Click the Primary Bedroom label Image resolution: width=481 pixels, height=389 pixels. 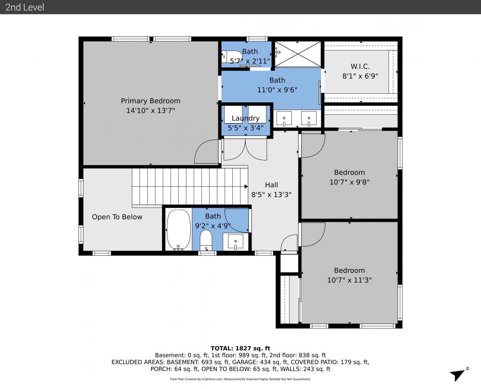point(151,101)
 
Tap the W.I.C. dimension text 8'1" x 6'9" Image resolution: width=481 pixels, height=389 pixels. point(360,76)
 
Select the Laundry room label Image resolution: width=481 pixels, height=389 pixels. point(245,118)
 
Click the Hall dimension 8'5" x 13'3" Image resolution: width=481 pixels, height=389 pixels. point(271,194)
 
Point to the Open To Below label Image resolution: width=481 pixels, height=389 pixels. point(117,217)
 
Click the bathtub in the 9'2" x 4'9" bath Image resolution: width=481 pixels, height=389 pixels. point(178,230)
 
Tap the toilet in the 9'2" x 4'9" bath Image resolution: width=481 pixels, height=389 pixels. point(206,240)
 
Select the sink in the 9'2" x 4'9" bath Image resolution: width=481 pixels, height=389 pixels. point(236,242)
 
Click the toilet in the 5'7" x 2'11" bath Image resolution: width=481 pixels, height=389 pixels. point(231,57)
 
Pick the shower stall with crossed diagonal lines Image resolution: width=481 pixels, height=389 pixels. point(298,54)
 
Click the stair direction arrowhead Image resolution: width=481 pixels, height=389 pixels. point(246,187)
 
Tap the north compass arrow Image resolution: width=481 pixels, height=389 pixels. point(458,375)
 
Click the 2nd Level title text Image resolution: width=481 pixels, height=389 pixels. point(25,7)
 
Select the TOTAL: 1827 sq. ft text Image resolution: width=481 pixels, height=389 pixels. point(240,348)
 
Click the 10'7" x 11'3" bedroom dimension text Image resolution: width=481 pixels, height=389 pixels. point(349,280)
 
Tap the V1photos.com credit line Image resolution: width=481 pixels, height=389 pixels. point(240,379)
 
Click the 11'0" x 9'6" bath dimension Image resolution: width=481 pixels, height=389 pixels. point(277,90)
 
